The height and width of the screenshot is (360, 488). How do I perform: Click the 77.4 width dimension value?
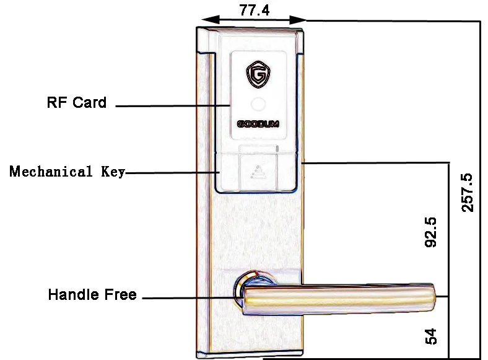[253, 10]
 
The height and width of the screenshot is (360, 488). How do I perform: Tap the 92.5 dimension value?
[431, 232]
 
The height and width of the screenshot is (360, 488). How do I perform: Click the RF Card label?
[77, 103]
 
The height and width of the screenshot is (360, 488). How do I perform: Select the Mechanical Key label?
[68, 172]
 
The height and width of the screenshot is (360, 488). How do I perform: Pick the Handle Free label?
[92, 295]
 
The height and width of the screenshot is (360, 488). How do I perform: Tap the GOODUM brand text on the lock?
[258, 123]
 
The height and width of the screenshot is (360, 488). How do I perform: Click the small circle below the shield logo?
[258, 103]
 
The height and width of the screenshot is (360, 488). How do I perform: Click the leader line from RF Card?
[173, 106]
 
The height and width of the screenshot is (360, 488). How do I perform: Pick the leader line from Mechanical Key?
[170, 172]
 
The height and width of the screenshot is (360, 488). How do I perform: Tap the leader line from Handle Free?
[189, 298]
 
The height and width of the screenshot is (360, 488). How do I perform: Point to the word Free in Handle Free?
[121, 295]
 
